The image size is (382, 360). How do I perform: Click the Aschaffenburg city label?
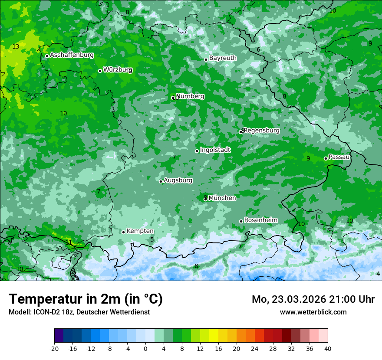72,55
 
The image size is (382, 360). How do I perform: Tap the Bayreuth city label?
223,58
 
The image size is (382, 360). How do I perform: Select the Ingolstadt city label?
215,150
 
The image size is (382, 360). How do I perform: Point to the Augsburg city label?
178,180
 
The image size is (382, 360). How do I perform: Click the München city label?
222,198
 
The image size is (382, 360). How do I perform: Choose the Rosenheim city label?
260,220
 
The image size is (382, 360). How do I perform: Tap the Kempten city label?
140,231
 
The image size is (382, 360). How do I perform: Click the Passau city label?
339,157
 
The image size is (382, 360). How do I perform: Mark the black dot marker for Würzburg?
100,71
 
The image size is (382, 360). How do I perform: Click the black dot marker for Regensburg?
240,131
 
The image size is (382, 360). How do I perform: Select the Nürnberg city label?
190,96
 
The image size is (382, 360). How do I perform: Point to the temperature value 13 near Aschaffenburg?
16,46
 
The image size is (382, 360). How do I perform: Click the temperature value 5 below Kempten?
152,239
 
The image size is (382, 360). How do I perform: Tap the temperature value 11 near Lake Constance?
69,242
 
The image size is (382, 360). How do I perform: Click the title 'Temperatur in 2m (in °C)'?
86,299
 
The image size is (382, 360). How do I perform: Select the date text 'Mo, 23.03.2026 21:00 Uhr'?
313,299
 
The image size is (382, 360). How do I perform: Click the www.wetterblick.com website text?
313,312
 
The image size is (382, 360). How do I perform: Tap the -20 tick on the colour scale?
54,349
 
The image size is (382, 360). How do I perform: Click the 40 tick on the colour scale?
327,349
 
